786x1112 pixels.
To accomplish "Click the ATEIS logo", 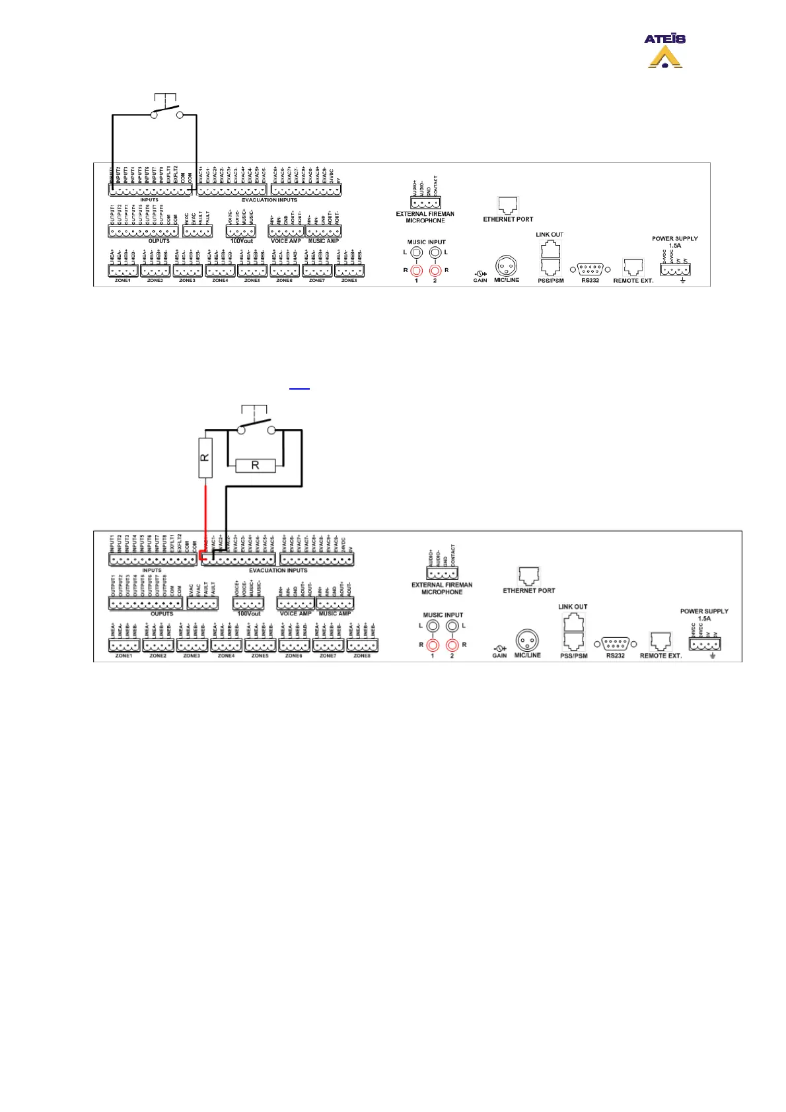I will (x=664, y=51).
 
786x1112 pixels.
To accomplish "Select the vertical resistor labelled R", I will (x=205, y=456).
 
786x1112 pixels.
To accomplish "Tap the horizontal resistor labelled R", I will (x=255, y=466).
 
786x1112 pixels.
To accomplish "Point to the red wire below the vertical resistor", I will (x=205, y=515).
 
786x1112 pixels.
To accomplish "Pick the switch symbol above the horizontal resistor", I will (x=256, y=427).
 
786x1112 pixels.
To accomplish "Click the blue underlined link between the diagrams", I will (x=299, y=388).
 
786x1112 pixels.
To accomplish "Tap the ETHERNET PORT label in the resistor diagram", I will (x=529, y=590).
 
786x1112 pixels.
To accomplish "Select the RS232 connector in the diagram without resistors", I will (x=590, y=269).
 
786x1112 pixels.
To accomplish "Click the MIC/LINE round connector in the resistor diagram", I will (x=527, y=640).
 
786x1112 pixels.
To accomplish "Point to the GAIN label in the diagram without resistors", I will (x=480, y=281).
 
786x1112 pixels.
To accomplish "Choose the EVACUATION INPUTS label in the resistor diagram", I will (x=278, y=571).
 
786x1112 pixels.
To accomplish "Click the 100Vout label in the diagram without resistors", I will (x=242, y=241).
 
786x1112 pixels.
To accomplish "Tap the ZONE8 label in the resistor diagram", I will (x=362, y=656).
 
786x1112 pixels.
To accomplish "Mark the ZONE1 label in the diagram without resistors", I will (x=123, y=281).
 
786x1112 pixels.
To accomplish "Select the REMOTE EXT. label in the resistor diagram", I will (x=661, y=656).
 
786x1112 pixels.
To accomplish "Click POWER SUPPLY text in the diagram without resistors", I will (x=674, y=238).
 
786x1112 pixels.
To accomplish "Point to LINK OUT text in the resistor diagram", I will (x=573, y=606).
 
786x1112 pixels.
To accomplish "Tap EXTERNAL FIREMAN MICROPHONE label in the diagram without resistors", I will (x=425, y=217).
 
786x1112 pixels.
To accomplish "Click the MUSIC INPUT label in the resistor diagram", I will (x=443, y=615).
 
